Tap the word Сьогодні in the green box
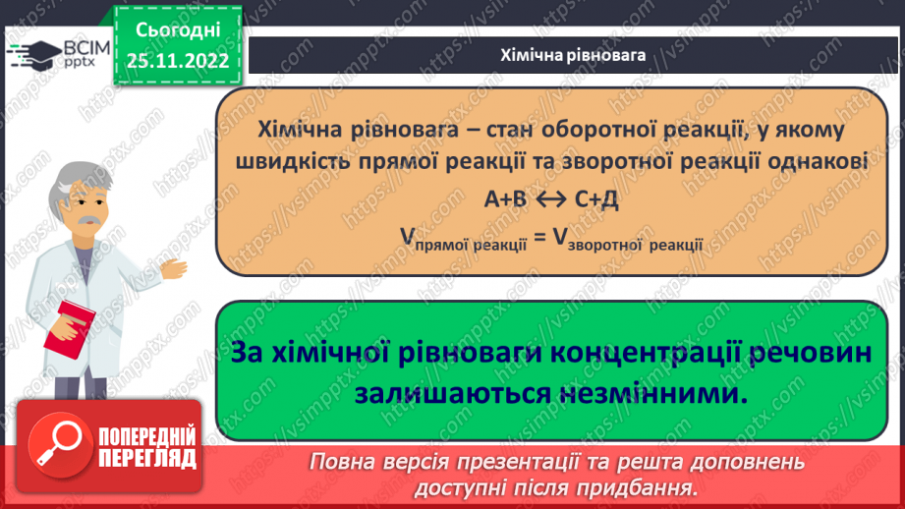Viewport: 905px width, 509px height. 178,29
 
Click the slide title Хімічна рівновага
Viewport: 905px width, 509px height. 572,55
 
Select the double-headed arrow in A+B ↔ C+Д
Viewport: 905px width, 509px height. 550,199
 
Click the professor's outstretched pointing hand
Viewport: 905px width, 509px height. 175,267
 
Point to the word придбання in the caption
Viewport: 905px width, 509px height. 647,487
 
